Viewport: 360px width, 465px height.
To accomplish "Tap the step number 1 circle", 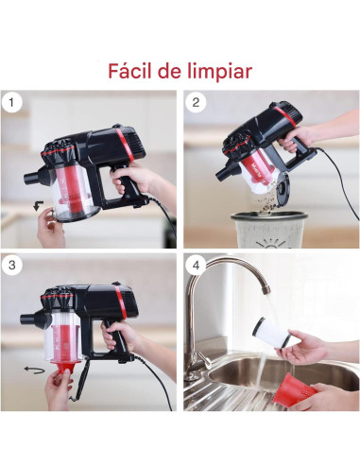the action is click(11, 103).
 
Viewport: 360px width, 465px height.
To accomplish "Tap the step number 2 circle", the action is click(196, 103).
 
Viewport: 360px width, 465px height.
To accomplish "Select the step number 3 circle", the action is click(11, 266).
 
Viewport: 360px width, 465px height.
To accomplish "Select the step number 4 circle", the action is click(196, 266).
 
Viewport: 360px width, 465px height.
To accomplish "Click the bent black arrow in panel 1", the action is click(38, 206).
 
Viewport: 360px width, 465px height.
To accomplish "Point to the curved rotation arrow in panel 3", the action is click(34, 370).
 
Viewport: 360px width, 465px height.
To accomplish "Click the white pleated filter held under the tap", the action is click(270, 332).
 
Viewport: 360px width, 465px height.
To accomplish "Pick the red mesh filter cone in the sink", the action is click(294, 390).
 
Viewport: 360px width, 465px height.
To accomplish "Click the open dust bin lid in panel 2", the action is click(282, 188).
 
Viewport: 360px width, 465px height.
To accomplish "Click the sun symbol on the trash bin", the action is click(270, 244).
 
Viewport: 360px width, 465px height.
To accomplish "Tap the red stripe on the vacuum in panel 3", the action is click(121, 301).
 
